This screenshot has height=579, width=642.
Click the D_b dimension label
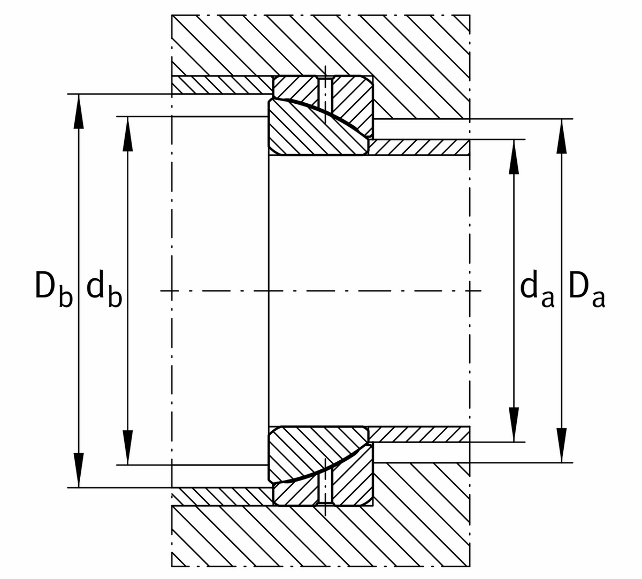tap(53, 291)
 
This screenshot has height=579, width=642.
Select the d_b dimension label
tap(103, 291)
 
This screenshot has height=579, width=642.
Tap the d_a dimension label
tap(537, 291)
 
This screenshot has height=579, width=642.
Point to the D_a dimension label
tap(587, 291)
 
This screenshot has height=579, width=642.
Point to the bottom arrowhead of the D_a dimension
tap(562, 446)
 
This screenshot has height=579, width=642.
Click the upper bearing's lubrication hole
tap(325, 93)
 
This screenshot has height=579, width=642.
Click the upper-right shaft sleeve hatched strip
tap(420, 148)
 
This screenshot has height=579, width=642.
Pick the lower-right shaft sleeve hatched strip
tap(420, 434)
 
